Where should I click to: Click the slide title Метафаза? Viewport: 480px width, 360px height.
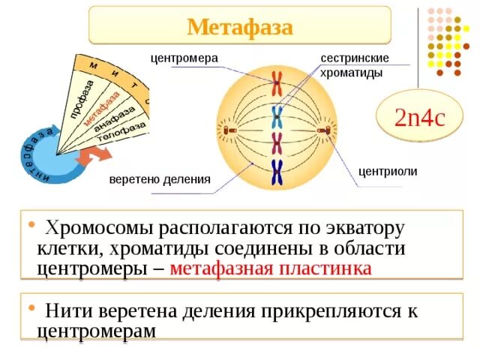(x=239, y=27)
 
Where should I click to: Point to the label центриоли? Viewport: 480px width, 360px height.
(x=388, y=171)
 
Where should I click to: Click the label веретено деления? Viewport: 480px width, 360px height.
(x=159, y=180)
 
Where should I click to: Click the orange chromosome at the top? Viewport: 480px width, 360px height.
(x=277, y=79)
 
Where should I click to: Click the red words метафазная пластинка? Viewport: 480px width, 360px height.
(x=271, y=268)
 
